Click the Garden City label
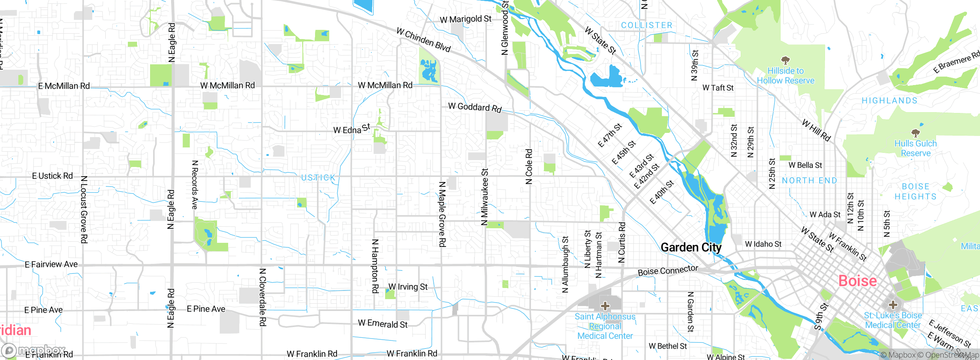691,247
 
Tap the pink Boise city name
857,281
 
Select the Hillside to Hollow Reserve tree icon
786,60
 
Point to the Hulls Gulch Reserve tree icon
915,133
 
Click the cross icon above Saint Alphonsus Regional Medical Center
605,306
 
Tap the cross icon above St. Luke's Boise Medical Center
893,305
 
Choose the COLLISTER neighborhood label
647,25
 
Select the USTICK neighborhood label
318,178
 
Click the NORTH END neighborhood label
809,181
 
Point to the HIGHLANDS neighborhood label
890,101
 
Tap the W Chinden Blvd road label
423,40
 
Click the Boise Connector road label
668,271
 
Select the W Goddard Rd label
475,107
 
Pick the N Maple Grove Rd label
442,214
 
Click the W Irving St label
408,287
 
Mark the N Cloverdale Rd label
263,297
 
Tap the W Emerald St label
382,324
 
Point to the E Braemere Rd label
956,62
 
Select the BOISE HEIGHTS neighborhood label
915,191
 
